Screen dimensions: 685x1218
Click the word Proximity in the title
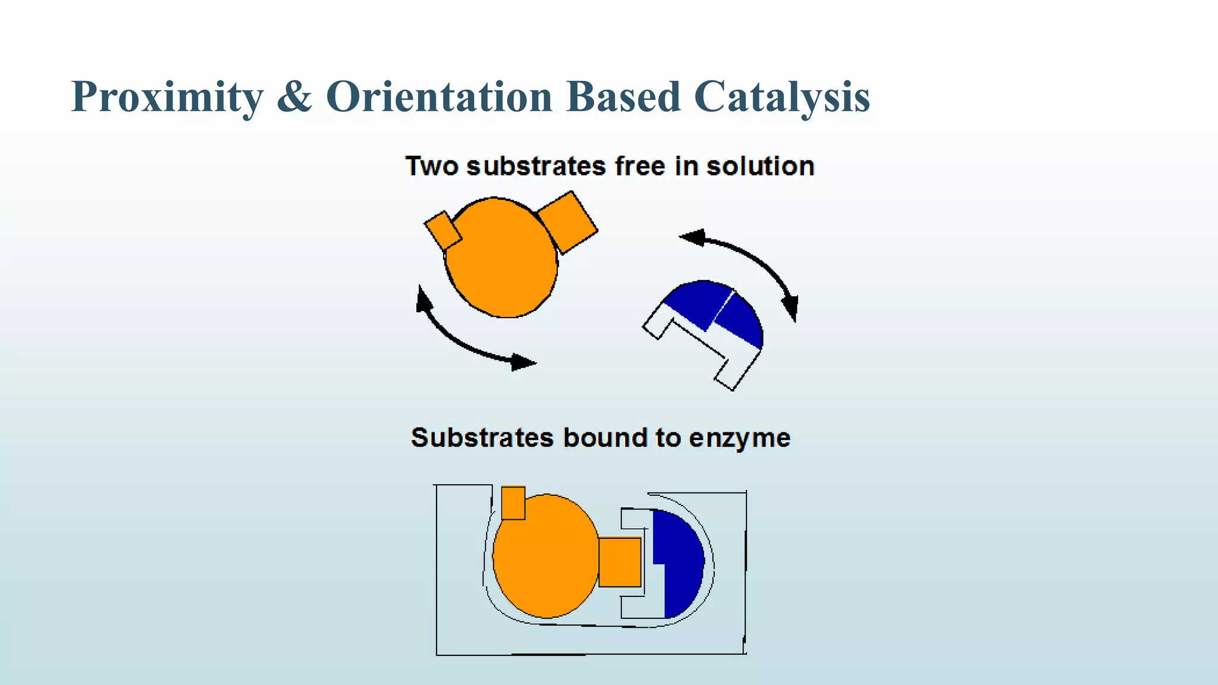pyautogui.click(x=167, y=97)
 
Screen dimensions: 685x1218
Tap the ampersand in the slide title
pyautogui.click(x=294, y=96)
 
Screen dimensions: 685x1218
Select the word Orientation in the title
pyautogui.click(x=439, y=96)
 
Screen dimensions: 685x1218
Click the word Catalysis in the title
pyautogui.click(x=781, y=97)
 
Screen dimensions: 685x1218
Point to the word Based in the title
pyautogui.click(x=623, y=96)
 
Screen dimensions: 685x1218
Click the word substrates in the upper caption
pyautogui.click(x=536, y=166)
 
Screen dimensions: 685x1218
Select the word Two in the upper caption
pyautogui.click(x=432, y=166)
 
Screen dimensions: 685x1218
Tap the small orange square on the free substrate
pyautogui.click(x=442, y=230)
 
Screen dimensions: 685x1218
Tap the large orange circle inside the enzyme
pyautogui.click(x=544, y=556)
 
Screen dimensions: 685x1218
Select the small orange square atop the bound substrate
pyautogui.click(x=513, y=503)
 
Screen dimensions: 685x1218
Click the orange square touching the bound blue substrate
pyautogui.click(x=620, y=562)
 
